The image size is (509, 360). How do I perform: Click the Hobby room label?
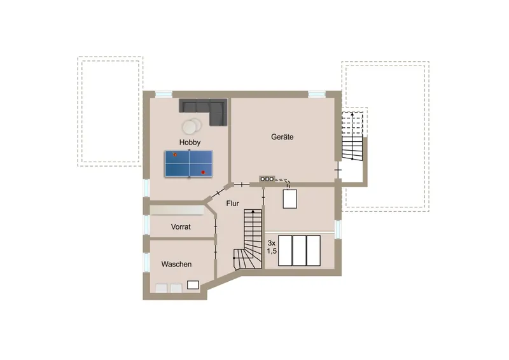[x=190, y=142]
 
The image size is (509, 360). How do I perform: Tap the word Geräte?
[x=282, y=137]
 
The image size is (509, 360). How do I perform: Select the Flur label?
[x=232, y=204]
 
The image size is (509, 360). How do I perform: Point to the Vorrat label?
[x=181, y=226]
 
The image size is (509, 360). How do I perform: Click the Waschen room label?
[x=176, y=264]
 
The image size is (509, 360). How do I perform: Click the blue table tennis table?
[x=189, y=163]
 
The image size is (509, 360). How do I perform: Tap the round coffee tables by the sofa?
[x=192, y=126]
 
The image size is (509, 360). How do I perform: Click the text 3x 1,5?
[x=272, y=247]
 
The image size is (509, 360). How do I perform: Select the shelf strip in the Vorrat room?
[x=177, y=210]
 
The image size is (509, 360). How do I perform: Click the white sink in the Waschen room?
[x=193, y=285]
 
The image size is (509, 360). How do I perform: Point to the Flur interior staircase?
[x=248, y=239]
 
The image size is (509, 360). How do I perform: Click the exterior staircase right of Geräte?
[x=352, y=135]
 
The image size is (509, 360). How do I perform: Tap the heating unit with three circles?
[x=267, y=179]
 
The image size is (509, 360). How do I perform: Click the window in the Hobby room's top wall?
[x=164, y=94]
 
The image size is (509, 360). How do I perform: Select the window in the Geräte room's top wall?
[x=316, y=94]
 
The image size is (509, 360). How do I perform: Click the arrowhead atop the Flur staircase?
[x=253, y=212]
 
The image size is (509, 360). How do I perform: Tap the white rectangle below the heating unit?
[x=290, y=198]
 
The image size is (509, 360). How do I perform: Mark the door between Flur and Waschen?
[x=215, y=253]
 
